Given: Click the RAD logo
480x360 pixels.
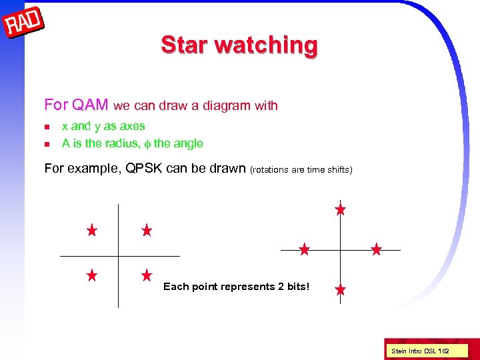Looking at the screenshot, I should [23, 24].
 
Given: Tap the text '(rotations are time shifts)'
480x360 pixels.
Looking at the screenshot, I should [301, 169].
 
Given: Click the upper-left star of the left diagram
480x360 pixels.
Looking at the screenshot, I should [92, 231].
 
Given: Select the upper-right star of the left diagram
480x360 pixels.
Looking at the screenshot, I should [147, 231].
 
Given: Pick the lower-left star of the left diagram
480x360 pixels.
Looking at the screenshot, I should [92, 275].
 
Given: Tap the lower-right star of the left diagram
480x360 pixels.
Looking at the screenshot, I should [147, 275].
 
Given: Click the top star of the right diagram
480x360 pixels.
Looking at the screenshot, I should [340, 209].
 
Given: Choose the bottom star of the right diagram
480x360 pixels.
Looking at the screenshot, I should [340, 290].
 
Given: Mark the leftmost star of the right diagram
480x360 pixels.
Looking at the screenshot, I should [304, 250].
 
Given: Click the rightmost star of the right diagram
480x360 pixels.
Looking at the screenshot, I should [376, 250].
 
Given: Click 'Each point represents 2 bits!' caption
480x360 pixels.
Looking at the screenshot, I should [236, 287].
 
